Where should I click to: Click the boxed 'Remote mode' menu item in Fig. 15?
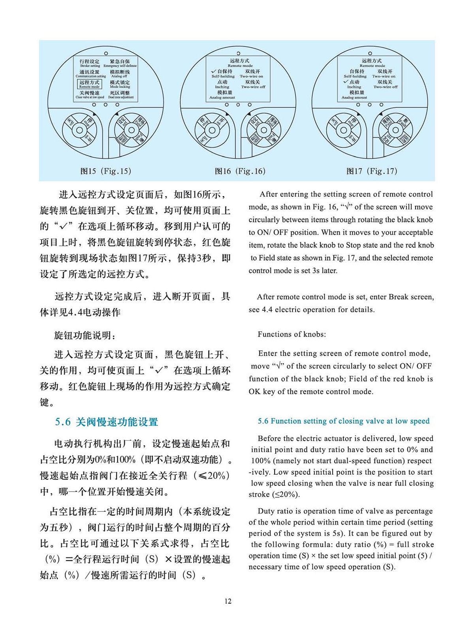(89, 84)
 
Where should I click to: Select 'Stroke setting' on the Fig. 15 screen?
(90, 64)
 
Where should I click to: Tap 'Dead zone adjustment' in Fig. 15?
(120, 95)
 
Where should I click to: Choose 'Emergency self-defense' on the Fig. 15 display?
(120, 64)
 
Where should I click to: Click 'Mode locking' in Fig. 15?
(120, 84)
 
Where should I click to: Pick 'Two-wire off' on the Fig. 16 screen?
(253, 84)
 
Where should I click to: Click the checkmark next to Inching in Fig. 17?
(346, 82)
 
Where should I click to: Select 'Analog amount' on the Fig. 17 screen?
(354, 95)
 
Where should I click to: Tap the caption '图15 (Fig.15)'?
(105, 171)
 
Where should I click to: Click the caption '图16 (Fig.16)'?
(240, 171)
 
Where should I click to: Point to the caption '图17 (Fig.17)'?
(372, 171)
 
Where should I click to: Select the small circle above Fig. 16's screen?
(238, 53)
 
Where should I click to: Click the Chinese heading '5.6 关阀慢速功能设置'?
(106, 422)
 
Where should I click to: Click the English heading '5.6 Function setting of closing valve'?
(343, 421)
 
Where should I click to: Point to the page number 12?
(228, 601)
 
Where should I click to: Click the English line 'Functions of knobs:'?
(292, 334)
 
